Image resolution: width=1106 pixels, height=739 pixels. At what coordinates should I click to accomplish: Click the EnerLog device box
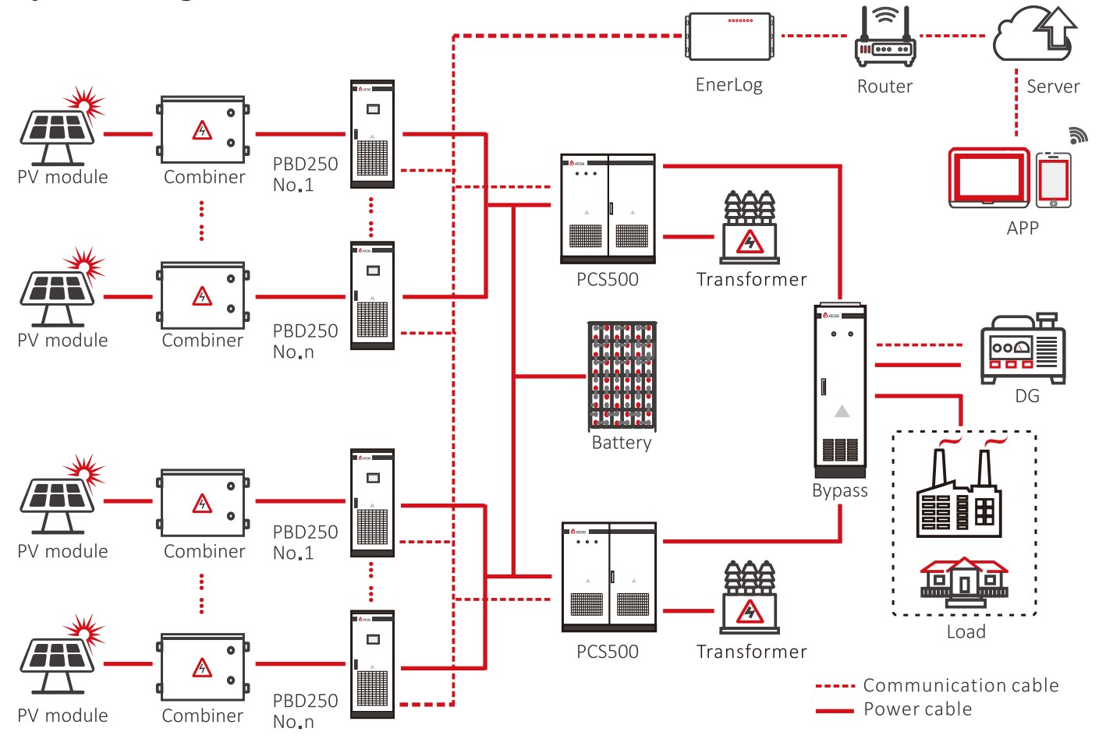(x=729, y=36)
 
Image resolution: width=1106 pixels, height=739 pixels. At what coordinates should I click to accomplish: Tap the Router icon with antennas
(x=884, y=39)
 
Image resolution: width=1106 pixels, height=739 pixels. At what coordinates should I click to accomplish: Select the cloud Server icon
(x=1034, y=34)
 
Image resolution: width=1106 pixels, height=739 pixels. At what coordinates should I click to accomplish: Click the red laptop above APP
(x=989, y=178)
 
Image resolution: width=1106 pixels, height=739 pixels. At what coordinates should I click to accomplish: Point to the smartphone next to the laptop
(x=1053, y=180)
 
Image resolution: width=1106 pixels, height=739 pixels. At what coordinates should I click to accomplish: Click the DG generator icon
(x=1023, y=348)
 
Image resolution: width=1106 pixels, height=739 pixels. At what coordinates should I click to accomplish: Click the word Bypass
(x=840, y=491)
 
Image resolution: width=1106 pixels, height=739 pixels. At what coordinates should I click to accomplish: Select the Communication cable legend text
(x=961, y=685)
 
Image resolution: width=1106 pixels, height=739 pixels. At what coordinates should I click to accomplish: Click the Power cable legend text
(x=918, y=709)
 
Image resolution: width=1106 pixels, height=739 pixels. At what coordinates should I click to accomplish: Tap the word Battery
(x=622, y=443)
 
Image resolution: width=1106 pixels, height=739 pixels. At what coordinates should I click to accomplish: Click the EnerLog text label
(x=729, y=85)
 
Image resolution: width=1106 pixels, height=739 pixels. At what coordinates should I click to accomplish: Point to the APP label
(x=1023, y=228)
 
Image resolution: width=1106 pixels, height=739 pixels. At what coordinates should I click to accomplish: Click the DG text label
(x=1027, y=396)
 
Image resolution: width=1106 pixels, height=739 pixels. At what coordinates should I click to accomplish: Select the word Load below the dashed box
(x=966, y=632)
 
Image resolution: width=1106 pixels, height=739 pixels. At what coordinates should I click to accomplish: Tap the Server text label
(x=1053, y=87)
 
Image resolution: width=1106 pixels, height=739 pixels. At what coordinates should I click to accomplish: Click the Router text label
(x=884, y=87)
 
